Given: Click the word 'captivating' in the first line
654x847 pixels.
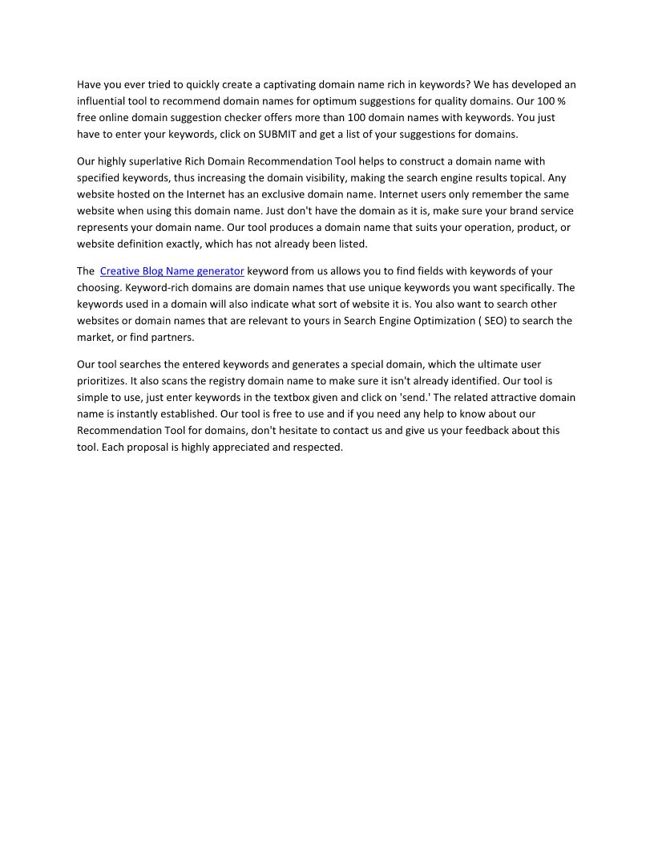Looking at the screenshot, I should tap(288, 84).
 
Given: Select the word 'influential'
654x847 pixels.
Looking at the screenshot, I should tap(103, 101).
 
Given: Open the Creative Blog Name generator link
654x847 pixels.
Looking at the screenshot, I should tap(172, 271).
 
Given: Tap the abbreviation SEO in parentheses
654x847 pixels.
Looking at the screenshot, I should tap(494, 321).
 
